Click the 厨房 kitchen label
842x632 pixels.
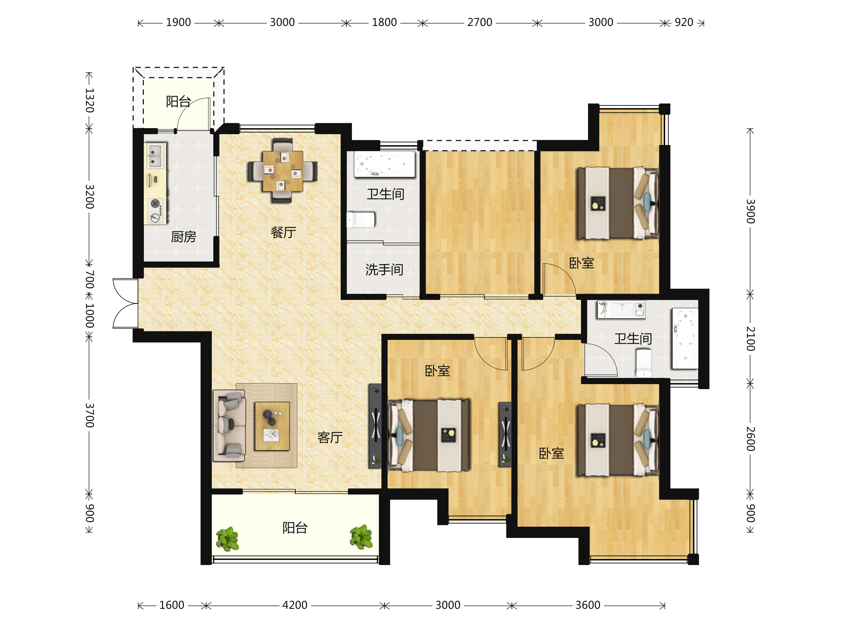[x=183, y=237]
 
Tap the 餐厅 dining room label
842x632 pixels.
[x=283, y=232]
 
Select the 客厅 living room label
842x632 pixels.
[x=330, y=437]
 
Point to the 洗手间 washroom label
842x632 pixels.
[x=385, y=270]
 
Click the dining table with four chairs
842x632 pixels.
[x=282, y=171]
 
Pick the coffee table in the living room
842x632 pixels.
[x=272, y=426]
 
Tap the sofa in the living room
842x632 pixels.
[x=229, y=426]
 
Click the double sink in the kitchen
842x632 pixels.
[x=155, y=156]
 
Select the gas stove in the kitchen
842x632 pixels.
[x=155, y=211]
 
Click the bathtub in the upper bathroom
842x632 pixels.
[x=385, y=164]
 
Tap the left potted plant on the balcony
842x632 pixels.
[x=228, y=539]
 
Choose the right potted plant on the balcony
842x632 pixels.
[x=361, y=537]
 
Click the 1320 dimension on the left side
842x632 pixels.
[x=89, y=100]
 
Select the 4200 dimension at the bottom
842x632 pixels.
[x=295, y=605]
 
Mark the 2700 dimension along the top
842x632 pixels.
[x=480, y=22]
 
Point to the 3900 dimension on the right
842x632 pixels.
[x=750, y=211]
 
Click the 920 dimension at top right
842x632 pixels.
[x=684, y=22]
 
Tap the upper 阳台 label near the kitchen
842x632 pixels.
[x=178, y=102]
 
